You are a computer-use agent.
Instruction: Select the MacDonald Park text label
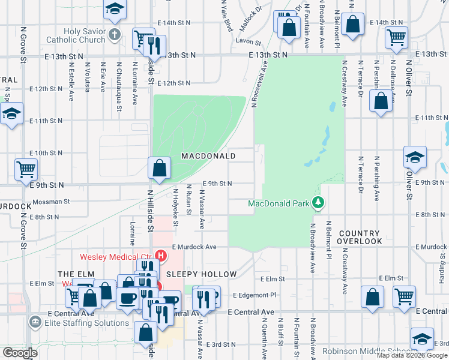(279, 203)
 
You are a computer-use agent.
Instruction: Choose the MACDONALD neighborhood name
(208, 156)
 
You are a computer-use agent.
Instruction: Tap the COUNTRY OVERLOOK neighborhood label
(360, 237)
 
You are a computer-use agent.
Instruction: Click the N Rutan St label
(188, 202)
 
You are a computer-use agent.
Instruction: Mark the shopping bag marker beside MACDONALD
(159, 169)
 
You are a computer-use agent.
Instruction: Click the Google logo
(19, 353)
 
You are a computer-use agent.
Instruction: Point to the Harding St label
(441, 255)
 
